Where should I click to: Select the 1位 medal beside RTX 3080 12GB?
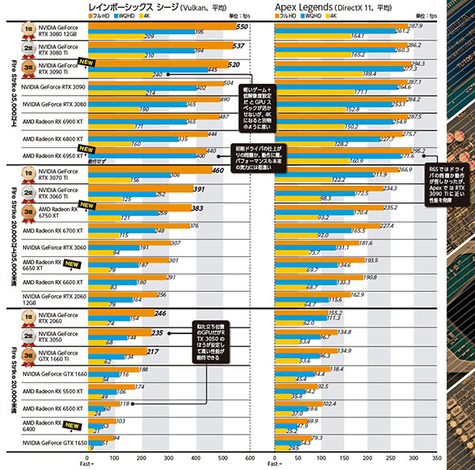click(x=30, y=28)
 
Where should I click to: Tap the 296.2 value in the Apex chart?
click(x=419, y=150)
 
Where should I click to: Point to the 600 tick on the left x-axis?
click(x=250, y=458)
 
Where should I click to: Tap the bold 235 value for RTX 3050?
click(x=157, y=333)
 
